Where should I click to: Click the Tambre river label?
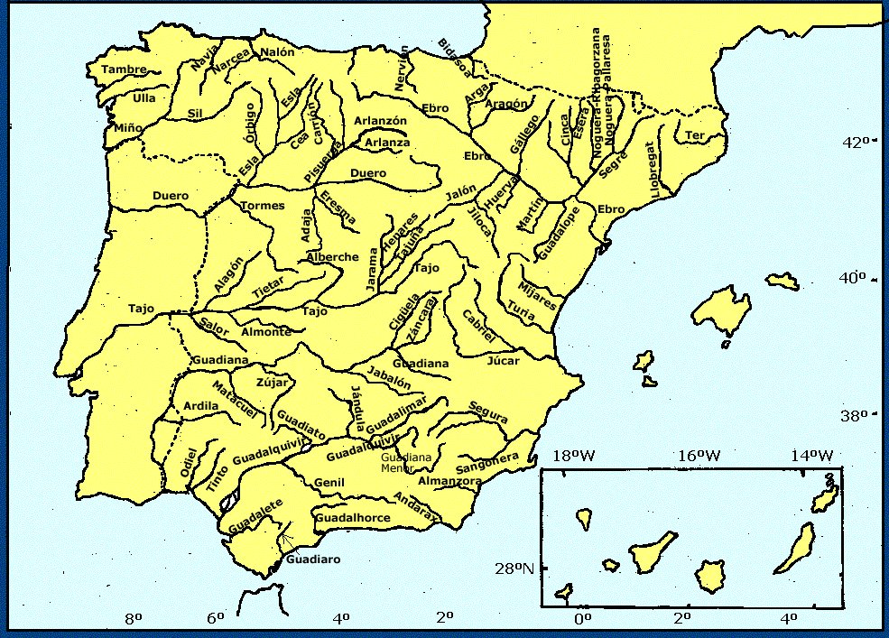click(x=123, y=69)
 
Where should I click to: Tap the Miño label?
click(x=127, y=128)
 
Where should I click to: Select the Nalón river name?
click(x=277, y=52)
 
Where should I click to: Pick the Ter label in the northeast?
click(x=694, y=135)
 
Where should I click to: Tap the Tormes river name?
click(x=262, y=205)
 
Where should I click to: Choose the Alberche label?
click(x=332, y=257)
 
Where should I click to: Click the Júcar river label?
click(x=504, y=362)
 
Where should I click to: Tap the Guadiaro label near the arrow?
click(x=312, y=559)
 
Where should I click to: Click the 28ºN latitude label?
click(x=513, y=569)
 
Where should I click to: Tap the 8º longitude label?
click(x=134, y=618)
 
